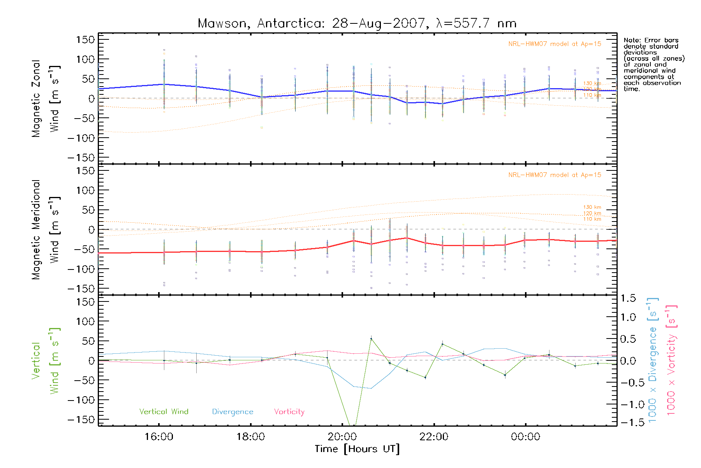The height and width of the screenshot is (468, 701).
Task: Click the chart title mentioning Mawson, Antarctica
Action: click(x=357, y=23)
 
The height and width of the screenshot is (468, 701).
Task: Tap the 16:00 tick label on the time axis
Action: click(x=159, y=437)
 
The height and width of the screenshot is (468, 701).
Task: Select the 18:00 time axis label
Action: click(x=250, y=437)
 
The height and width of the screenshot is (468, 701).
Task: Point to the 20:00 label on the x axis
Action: click(x=342, y=437)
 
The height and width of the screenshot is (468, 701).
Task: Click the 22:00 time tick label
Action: click(x=434, y=437)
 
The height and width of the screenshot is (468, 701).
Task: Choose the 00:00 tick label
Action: click(x=525, y=437)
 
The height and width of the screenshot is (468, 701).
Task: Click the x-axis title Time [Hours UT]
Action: click(x=357, y=449)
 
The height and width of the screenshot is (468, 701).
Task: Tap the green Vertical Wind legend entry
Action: click(x=164, y=412)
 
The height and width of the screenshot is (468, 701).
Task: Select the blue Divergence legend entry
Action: click(x=232, y=412)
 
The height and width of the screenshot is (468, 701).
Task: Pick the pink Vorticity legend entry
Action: click(x=289, y=412)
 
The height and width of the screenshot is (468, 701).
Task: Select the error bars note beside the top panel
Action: click(x=653, y=64)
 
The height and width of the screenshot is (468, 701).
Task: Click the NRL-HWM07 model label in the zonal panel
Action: click(x=555, y=44)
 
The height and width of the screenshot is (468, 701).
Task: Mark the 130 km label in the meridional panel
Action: click(x=592, y=207)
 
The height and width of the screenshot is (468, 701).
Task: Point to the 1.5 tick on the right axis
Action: click(x=628, y=298)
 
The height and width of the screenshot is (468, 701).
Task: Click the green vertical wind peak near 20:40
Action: click(x=371, y=339)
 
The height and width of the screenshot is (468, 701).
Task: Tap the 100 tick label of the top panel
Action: click(x=86, y=59)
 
